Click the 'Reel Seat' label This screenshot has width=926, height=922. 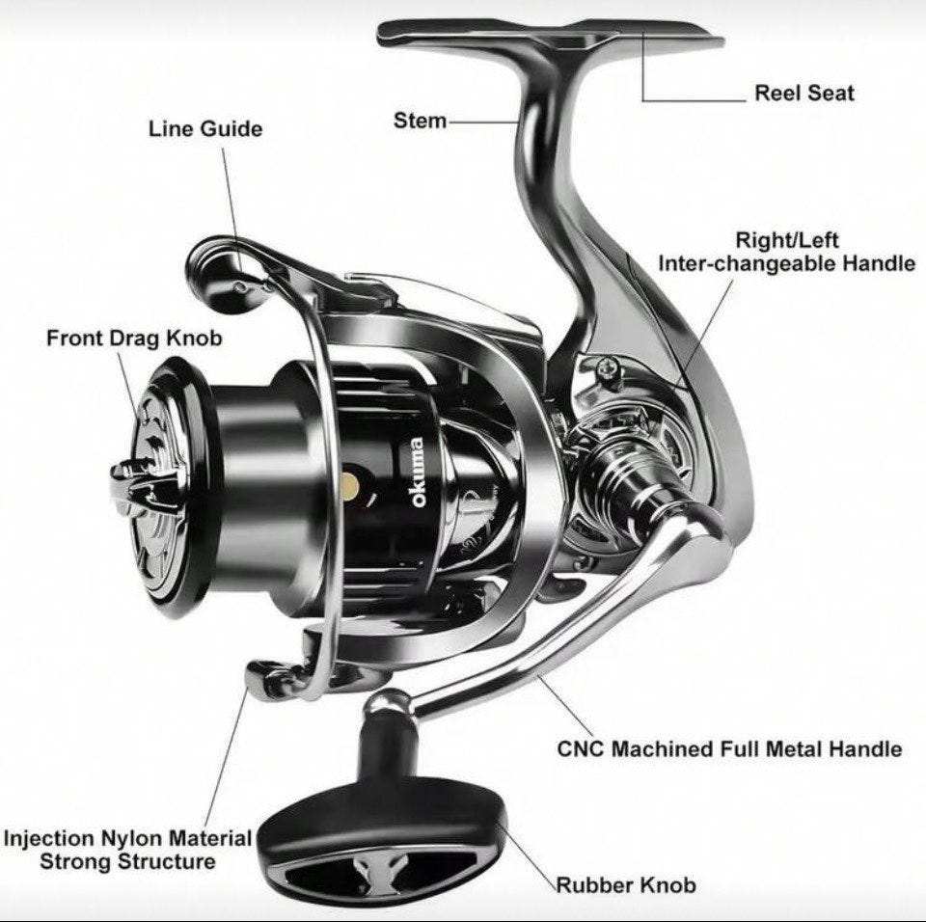click(x=803, y=94)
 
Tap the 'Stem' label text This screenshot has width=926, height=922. click(x=420, y=121)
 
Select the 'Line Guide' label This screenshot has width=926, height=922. click(x=204, y=128)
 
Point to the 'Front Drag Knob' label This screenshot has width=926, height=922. click(x=134, y=339)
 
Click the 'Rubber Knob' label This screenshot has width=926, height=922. click(x=625, y=884)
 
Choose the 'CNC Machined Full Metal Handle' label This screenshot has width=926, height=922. click(x=730, y=748)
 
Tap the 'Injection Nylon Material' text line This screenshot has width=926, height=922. click(x=127, y=838)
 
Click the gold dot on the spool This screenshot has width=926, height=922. click(x=351, y=482)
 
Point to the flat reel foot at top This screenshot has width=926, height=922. click(x=550, y=37)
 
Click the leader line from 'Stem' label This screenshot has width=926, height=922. click(x=482, y=122)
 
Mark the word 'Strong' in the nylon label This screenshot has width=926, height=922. click(x=78, y=860)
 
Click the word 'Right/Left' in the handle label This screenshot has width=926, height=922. click(x=787, y=239)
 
